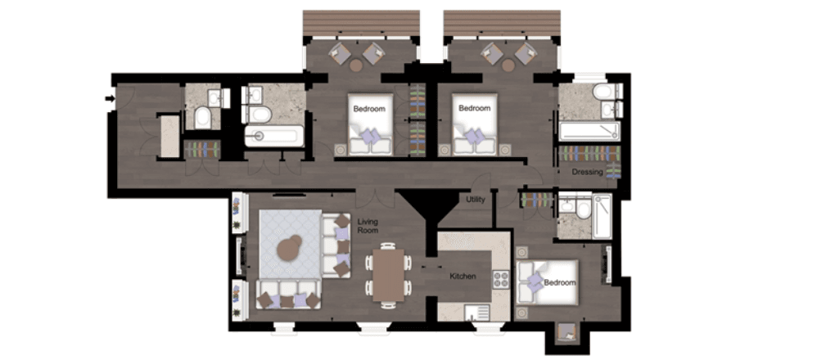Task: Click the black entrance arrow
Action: pos(110,98)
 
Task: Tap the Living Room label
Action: pos(368,227)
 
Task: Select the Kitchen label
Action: pos(463,277)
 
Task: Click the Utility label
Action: pos(476,200)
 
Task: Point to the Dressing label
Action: pos(587,172)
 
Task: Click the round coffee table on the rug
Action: pos(289,248)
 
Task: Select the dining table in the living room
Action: pos(388,275)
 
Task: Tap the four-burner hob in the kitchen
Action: pos(500,278)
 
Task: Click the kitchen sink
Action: pos(476,313)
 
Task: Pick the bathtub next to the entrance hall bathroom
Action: pos(274,136)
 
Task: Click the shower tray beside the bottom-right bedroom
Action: pos(603,216)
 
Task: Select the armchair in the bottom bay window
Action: pos(566,331)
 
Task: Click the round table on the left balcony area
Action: pos(356,65)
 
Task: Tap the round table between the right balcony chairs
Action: pos(508,65)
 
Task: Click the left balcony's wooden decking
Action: pos(361,23)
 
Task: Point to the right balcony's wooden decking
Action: pos(502,23)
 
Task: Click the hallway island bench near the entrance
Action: pos(169,137)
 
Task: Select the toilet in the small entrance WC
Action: pos(202,118)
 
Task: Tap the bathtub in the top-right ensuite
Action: pos(589,131)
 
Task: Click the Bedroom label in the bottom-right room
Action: pos(559,282)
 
